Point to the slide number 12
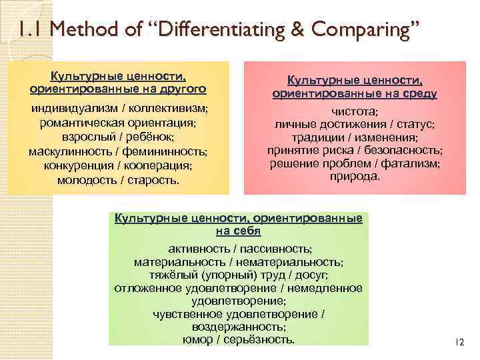point(458,342)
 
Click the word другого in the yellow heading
point(179,87)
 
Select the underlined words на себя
point(238,231)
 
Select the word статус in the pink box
point(413,125)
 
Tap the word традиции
point(315,137)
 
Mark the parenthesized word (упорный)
point(221,275)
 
